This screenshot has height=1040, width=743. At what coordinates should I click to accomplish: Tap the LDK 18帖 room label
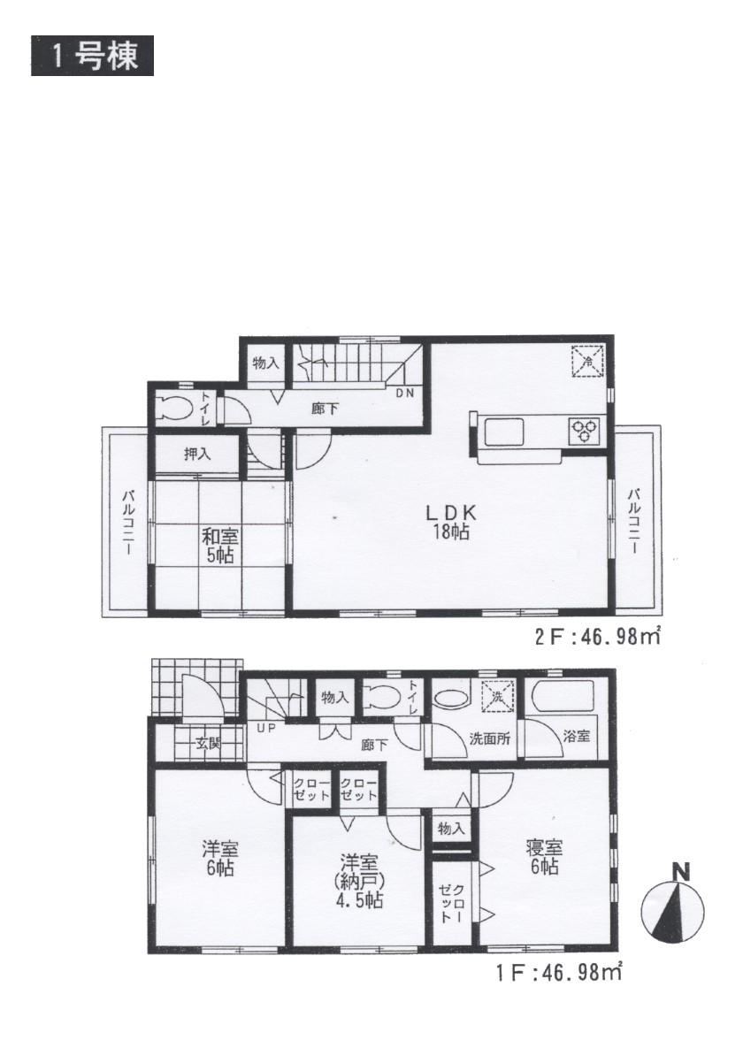tap(451, 521)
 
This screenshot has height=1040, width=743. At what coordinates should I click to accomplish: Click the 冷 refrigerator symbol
tap(587, 361)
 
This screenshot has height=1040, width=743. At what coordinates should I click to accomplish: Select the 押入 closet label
tap(196, 455)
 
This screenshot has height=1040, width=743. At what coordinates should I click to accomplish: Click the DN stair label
tap(403, 394)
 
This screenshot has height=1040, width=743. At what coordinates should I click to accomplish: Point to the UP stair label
tap(265, 728)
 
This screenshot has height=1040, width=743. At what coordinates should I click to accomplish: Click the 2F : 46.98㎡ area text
tap(597, 636)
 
